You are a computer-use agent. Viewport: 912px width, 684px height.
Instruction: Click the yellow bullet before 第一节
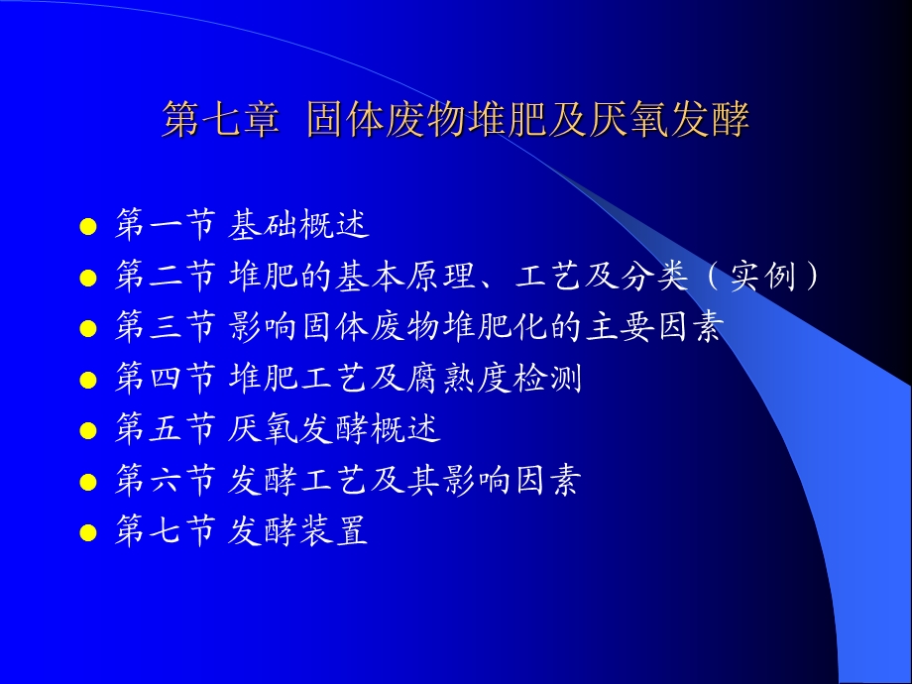tap(88, 227)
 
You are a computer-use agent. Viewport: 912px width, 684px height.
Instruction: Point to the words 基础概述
tap(298, 225)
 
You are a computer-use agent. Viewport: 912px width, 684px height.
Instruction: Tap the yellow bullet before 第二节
tap(88, 279)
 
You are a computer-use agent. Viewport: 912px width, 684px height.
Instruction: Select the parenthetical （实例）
tap(764, 277)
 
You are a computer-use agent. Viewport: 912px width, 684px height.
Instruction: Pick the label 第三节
tap(165, 328)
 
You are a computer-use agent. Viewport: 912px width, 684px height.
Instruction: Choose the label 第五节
tap(165, 431)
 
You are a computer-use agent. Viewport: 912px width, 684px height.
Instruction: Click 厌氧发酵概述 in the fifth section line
tap(334, 431)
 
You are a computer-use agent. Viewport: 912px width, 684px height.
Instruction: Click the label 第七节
tap(165, 533)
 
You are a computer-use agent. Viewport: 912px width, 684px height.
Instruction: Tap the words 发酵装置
tap(298, 533)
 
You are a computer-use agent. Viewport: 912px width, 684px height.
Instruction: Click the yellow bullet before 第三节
tap(88, 330)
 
